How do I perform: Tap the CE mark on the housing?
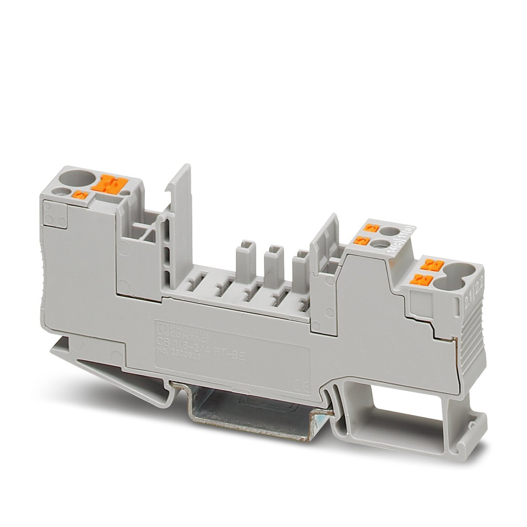[x=297, y=384]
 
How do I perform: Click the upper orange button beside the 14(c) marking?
[x=371, y=228]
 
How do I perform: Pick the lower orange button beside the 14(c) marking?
[x=360, y=240]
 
